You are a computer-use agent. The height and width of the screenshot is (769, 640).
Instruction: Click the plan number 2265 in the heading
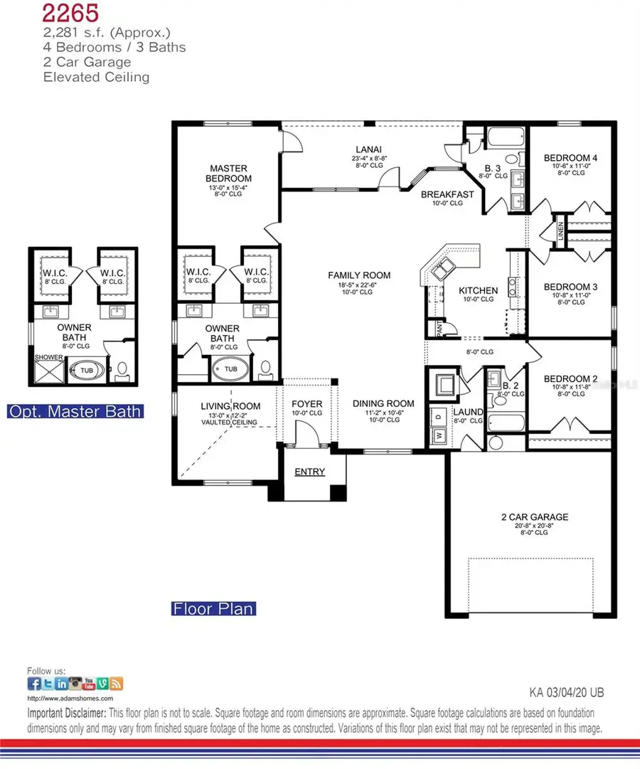pyautogui.click(x=70, y=12)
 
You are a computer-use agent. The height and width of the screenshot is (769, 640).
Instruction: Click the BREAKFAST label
pyautogui.click(x=447, y=194)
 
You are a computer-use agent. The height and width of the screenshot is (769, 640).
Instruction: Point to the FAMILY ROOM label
pyautogui.click(x=359, y=275)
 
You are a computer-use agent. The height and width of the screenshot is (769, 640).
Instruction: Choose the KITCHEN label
pyautogui.click(x=478, y=290)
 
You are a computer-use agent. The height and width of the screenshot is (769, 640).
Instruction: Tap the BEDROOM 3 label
pyautogui.click(x=571, y=287)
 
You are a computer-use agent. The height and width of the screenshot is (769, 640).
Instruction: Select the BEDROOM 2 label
pyautogui.click(x=571, y=379)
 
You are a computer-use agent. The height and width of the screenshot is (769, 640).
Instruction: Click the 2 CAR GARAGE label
pyautogui.click(x=534, y=516)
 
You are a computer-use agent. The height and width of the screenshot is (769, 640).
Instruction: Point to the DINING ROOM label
pyautogui.click(x=383, y=403)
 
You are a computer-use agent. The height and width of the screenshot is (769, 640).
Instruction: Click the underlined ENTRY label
pyautogui.click(x=309, y=472)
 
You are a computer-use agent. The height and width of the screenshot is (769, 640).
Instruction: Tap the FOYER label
pyautogui.click(x=307, y=403)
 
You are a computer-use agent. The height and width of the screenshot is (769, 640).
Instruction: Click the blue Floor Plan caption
pyautogui.click(x=213, y=609)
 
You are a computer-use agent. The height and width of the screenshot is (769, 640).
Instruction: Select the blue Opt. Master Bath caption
pyautogui.click(x=75, y=411)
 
